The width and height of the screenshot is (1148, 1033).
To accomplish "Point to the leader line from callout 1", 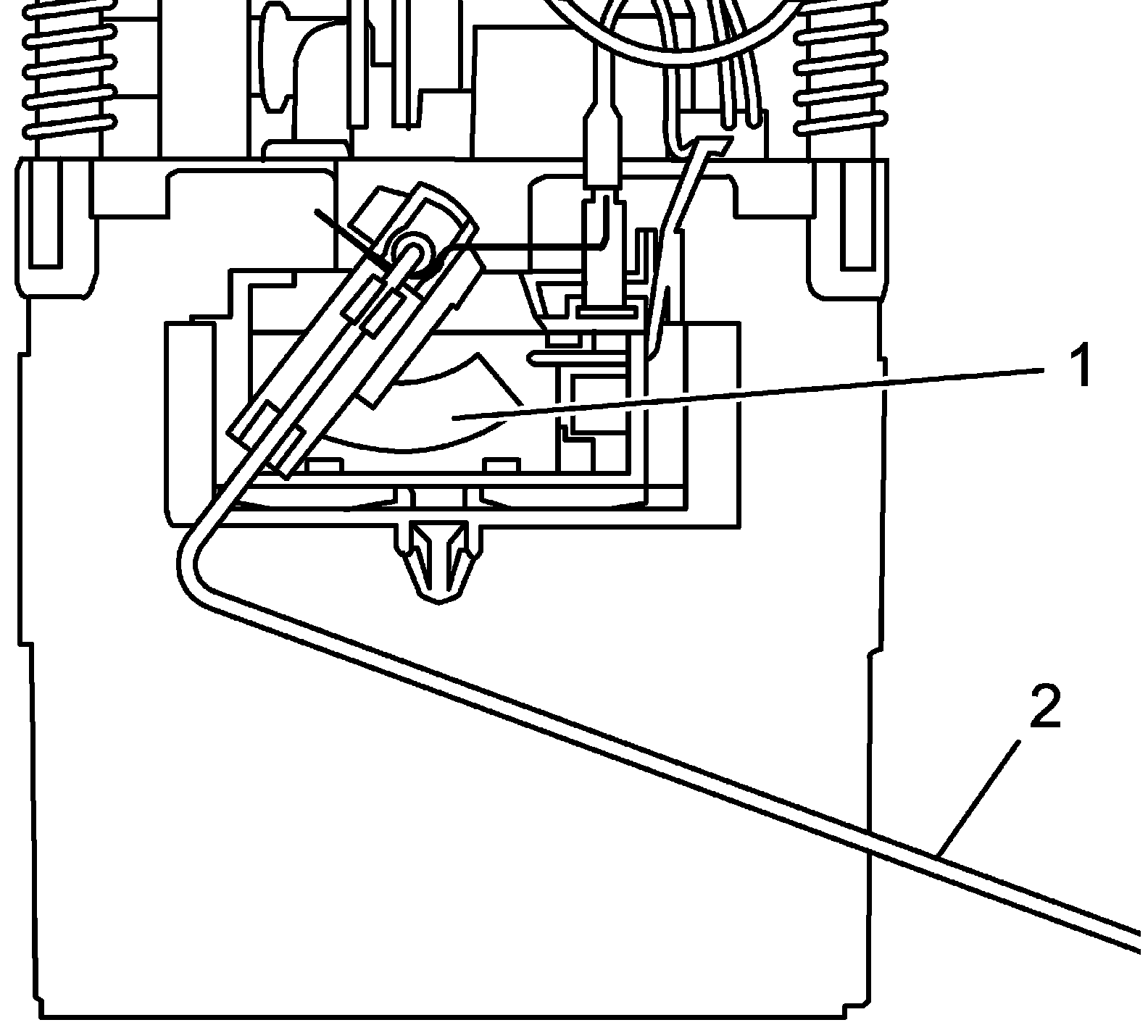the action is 746,393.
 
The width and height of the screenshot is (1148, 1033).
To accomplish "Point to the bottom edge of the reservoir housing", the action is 449,1016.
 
